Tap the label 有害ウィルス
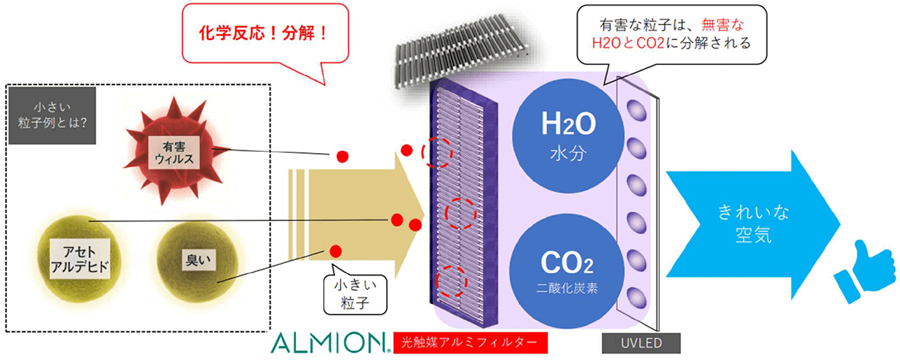click(173, 153)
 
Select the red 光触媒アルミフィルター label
click(469, 343)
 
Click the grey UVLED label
click(641, 343)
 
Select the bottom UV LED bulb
click(637, 294)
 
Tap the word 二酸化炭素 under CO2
click(567, 289)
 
